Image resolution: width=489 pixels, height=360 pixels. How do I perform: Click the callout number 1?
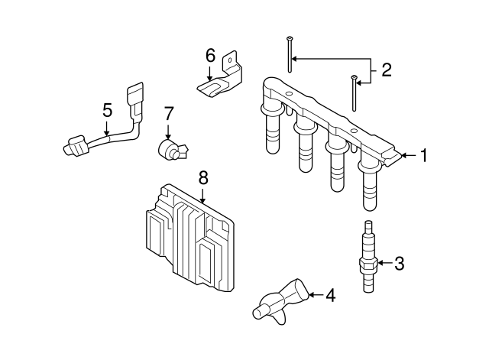tap(423, 155)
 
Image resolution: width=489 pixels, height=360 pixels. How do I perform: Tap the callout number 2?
tap(387, 70)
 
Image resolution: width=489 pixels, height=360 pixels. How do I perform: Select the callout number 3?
tap(399, 263)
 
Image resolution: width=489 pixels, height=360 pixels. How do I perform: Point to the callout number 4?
tap(331, 295)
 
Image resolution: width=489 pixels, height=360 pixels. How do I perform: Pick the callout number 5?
tap(107, 110)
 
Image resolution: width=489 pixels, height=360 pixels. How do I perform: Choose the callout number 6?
tap(211, 56)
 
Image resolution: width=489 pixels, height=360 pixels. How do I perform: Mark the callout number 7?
tap(168, 114)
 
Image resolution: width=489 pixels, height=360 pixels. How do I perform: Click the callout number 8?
tap(203, 178)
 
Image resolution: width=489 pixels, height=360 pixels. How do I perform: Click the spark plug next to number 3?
tap(369, 256)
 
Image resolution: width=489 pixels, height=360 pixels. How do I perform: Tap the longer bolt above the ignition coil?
tap(290, 54)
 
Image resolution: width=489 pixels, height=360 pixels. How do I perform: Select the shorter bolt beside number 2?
tap(354, 93)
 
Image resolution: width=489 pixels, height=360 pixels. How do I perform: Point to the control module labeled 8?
tap(189, 238)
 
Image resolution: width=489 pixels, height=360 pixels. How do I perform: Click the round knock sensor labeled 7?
tap(173, 150)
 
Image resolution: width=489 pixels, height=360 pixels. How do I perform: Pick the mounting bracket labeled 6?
tap(222, 78)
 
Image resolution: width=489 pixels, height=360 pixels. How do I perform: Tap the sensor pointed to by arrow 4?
tap(280, 301)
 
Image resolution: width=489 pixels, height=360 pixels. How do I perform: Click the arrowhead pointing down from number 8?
tap(203, 200)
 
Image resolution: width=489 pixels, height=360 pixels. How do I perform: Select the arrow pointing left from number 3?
tap(385, 263)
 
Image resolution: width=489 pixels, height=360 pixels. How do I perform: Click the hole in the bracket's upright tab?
tap(230, 60)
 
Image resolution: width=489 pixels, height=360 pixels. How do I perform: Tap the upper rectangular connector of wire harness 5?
tap(135, 93)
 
